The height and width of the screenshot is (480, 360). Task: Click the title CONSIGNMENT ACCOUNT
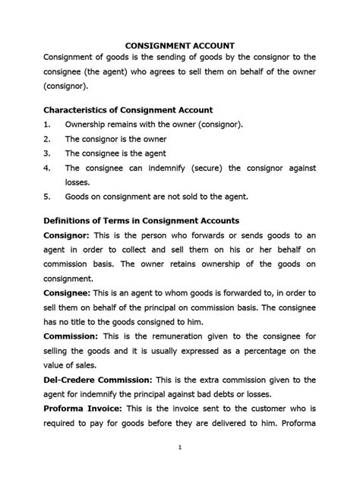click(x=179, y=44)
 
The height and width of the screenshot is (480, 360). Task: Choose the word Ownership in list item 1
click(x=88, y=125)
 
